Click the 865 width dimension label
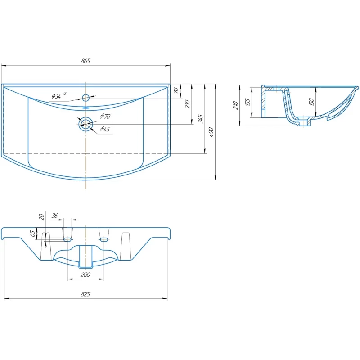tap(85, 61)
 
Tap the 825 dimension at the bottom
tap(85, 294)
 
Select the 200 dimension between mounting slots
tap(85, 274)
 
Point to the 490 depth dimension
tap(211, 132)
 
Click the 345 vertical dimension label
tap(201, 119)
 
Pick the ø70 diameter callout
tap(105, 116)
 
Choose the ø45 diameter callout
tap(105, 129)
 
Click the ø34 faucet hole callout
tap(59, 95)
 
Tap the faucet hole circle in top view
tap(85, 98)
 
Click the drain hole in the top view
tap(85, 124)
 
